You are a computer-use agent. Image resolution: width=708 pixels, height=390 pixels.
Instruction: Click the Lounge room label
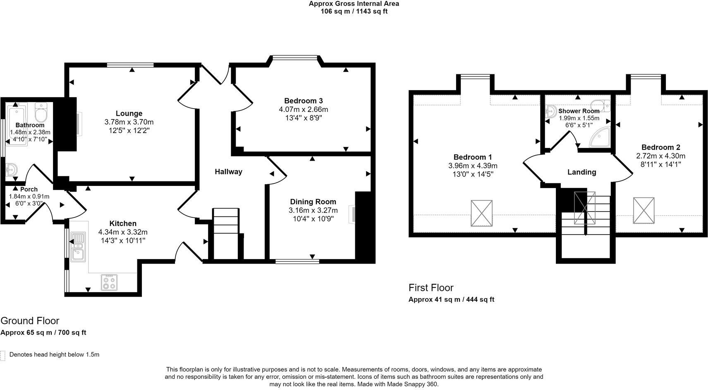click(x=129, y=113)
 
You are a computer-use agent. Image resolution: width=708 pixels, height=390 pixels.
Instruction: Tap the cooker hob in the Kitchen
click(x=109, y=282)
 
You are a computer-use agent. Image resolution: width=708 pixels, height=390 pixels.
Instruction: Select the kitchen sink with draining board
click(x=77, y=247)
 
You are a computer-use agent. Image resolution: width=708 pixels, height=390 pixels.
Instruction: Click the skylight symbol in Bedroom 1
click(x=481, y=213)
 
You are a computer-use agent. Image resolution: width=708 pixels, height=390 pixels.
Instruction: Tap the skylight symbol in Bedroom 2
click(x=643, y=210)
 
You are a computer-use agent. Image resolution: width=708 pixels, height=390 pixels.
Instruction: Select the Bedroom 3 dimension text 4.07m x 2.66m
click(x=303, y=109)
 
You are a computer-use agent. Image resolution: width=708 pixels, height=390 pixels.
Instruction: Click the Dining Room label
click(x=313, y=202)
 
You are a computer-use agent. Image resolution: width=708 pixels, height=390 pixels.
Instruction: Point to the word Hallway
click(x=228, y=171)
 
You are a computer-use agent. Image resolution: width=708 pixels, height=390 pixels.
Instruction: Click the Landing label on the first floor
click(x=581, y=172)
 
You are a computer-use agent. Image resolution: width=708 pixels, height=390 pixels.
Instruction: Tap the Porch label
click(x=29, y=189)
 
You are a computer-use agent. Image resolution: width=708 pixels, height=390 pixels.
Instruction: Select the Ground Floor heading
click(x=30, y=321)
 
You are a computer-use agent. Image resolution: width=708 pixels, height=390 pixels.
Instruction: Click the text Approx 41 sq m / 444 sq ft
click(x=451, y=300)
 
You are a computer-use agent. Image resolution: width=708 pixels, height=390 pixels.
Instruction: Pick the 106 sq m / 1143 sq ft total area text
click(x=354, y=11)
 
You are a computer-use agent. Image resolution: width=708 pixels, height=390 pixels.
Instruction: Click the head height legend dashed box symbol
click(x=3, y=355)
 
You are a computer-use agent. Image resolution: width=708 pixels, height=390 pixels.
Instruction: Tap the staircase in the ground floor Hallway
click(x=226, y=233)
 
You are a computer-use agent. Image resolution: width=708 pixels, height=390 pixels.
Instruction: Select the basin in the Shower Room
click(x=550, y=111)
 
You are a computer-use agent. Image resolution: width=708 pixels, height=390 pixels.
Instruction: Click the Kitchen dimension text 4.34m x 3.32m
click(x=123, y=232)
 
